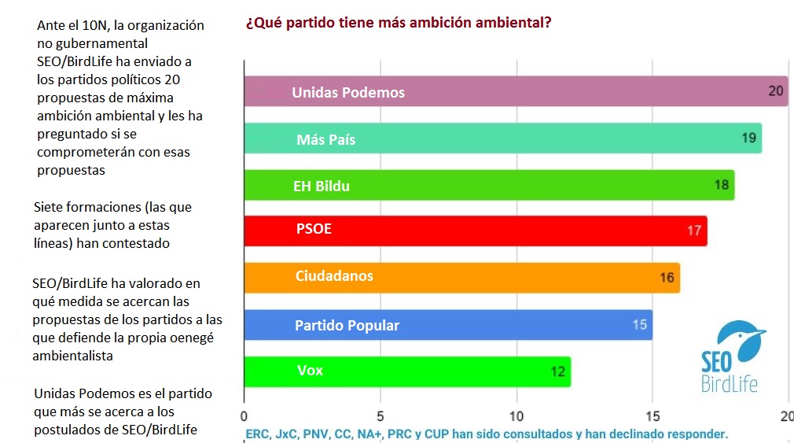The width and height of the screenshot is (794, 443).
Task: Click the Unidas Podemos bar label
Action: [348, 93]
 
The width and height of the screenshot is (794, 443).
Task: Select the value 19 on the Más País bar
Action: [748, 138]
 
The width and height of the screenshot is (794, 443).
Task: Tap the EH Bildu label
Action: [322, 186]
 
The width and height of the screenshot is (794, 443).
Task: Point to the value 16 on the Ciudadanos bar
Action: [667, 277]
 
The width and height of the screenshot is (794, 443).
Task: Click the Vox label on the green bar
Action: [310, 370]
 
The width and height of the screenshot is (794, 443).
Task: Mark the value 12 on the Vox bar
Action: [557, 371]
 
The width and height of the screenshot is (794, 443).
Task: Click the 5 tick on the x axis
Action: [380, 415]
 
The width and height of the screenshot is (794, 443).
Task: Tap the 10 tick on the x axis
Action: [516, 415]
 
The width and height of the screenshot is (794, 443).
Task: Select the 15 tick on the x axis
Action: [652, 415]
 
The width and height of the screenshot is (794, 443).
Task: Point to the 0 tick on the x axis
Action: [244, 415]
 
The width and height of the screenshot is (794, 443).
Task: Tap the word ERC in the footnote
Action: [258, 434]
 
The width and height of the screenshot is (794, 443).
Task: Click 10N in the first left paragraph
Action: [96, 25]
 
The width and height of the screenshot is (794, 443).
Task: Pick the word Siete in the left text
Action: [51, 208]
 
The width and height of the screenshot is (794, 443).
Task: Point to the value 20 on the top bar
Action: [776, 90]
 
